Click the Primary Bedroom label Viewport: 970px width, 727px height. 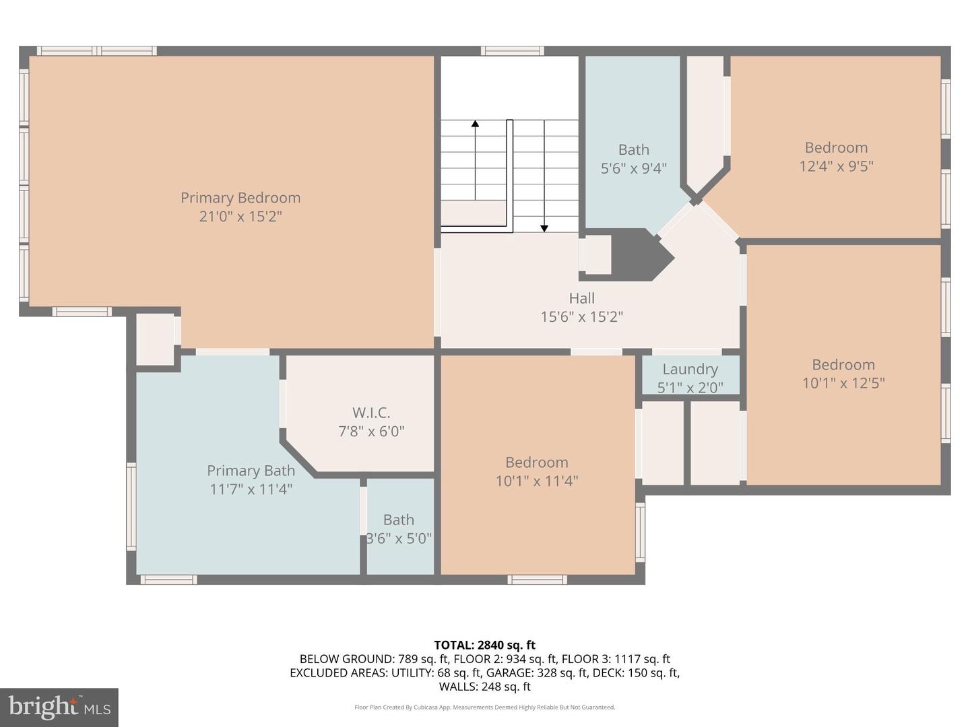pyautogui.click(x=240, y=198)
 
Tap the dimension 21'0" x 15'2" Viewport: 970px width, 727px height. pyautogui.click(x=240, y=216)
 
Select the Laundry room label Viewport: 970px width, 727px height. pyautogui.click(x=690, y=370)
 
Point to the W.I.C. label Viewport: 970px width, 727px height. pyautogui.click(x=371, y=413)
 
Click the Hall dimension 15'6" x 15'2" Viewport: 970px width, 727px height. pyautogui.click(x=581, y=316)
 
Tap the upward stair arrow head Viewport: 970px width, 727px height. pyautogui.click(x=475, y=123)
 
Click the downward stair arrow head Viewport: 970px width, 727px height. pyautogui.click(x=544, y=228)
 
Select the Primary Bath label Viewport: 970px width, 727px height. pyautogui.click(x=251, y=471)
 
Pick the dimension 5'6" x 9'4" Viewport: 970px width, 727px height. pyautogui.click(x=634, y=168)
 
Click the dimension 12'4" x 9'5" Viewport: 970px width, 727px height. pyautogui.click(x=836, y=166)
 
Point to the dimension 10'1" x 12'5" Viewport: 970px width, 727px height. pyautogui.click(x=843, y=383)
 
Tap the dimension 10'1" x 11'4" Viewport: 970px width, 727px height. pyautogui.click(x=536, y=481)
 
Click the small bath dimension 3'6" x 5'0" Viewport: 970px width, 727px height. pyautogui.click(x=399, y=539)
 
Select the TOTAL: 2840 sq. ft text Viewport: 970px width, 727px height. pyautogui.click(x=485, y=646)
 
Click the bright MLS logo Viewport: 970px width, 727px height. pyautogui.click(x=59, y=707)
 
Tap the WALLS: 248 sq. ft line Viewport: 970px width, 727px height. pyautogui.click(x=485, y=687)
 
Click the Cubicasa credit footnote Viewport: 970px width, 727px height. pyautogui.click(x=485, y=707)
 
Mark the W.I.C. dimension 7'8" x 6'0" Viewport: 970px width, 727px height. pyautogui.click(x=371, y=431)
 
